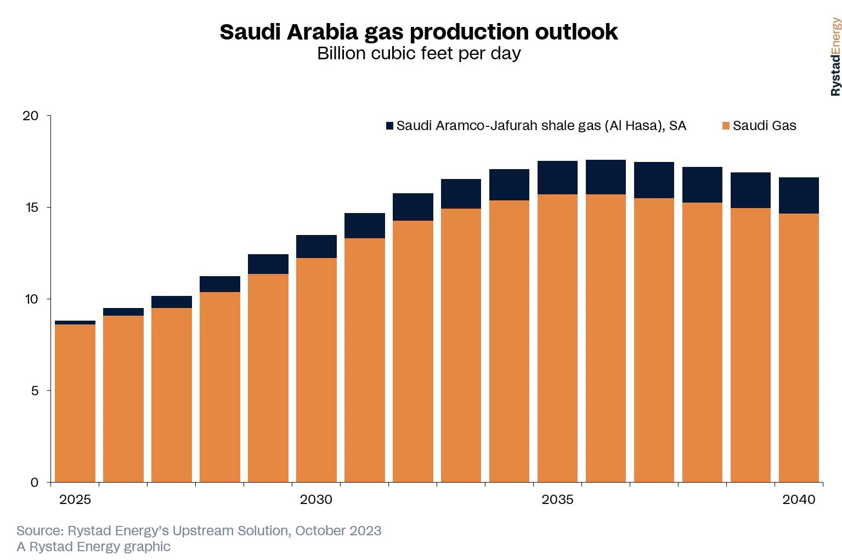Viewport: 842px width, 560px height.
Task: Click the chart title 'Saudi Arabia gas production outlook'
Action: (x=419, y=32)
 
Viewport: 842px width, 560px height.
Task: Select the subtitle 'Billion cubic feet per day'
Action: (x=419, y=54)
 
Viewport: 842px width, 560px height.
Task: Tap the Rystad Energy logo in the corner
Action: (x=835, y=57)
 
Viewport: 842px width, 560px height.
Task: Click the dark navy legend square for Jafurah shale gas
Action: (x=389, y=126)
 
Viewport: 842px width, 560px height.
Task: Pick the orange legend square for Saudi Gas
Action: (x=726, y=126)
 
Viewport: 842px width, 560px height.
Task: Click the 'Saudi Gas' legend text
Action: (x=764, y=126)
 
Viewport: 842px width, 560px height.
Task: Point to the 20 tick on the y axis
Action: (x=30, y=116)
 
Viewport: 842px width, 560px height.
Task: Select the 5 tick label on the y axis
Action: (x=34, y=391)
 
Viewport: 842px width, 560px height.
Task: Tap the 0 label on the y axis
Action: (x=34, y=483)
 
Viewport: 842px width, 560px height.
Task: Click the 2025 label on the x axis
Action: (x=75, y=500)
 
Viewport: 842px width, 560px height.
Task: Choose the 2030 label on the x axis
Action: (x=316, y=500)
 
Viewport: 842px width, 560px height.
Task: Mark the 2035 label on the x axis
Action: (x=557, y=500)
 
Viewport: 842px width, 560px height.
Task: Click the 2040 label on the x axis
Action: (x=799, y=500)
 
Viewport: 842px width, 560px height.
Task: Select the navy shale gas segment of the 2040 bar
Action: (x=799, y=195)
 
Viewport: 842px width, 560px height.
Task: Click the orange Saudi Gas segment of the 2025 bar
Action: (x=75, y=404)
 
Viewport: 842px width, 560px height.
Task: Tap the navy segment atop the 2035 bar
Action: (x=557, y=177)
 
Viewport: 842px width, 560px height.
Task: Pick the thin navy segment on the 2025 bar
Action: (x=75, y=322)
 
